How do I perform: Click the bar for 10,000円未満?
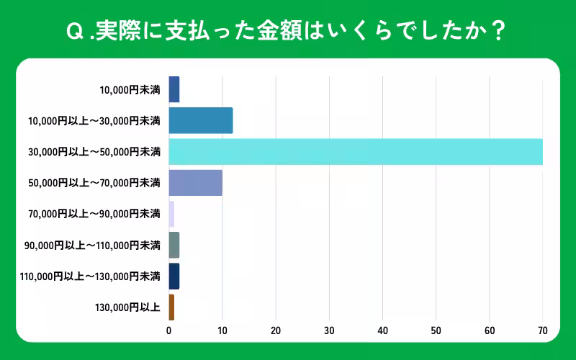coord(174,89)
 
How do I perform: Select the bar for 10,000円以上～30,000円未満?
coord(200,120)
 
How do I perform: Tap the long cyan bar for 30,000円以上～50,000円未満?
coord(356,152)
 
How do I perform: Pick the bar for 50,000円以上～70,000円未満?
coord(195,183)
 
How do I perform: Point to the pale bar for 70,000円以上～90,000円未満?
coord(171,214)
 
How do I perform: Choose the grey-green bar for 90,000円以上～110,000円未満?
coord(174,245)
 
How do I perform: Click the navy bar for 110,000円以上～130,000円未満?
coord(174,276)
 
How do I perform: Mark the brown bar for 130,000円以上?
coord(171,307)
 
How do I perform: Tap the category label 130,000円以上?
coord(127,307)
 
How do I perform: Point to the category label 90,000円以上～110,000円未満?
coord(91,246)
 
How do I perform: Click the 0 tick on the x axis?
coord(168,331)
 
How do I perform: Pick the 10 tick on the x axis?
coord(222,331)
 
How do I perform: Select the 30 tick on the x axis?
coord(329,331)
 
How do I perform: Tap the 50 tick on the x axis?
coord(436,331)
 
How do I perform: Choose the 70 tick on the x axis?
coord(542,331)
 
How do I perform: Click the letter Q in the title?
coord(73,32)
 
